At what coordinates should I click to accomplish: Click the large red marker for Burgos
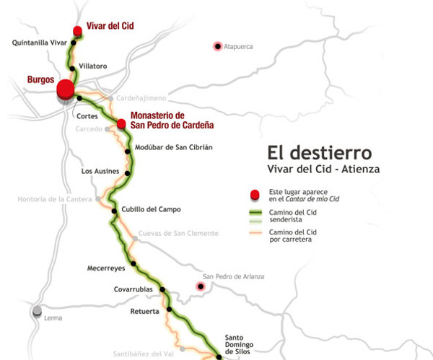(66, 89)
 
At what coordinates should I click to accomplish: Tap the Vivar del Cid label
(110, 27)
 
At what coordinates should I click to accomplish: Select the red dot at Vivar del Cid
(77, 30)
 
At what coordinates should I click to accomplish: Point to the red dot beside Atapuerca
(217, 47)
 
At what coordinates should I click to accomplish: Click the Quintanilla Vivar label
(39, 43)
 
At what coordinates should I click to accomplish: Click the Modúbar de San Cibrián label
(175, 148)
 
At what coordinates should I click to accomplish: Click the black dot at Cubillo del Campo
(114, 211)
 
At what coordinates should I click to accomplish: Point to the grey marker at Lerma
(36, 310)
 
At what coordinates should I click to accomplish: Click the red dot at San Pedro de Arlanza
(201, 287)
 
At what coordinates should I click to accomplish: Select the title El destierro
(319, 153)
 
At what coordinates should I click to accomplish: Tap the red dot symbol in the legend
(253, 194)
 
